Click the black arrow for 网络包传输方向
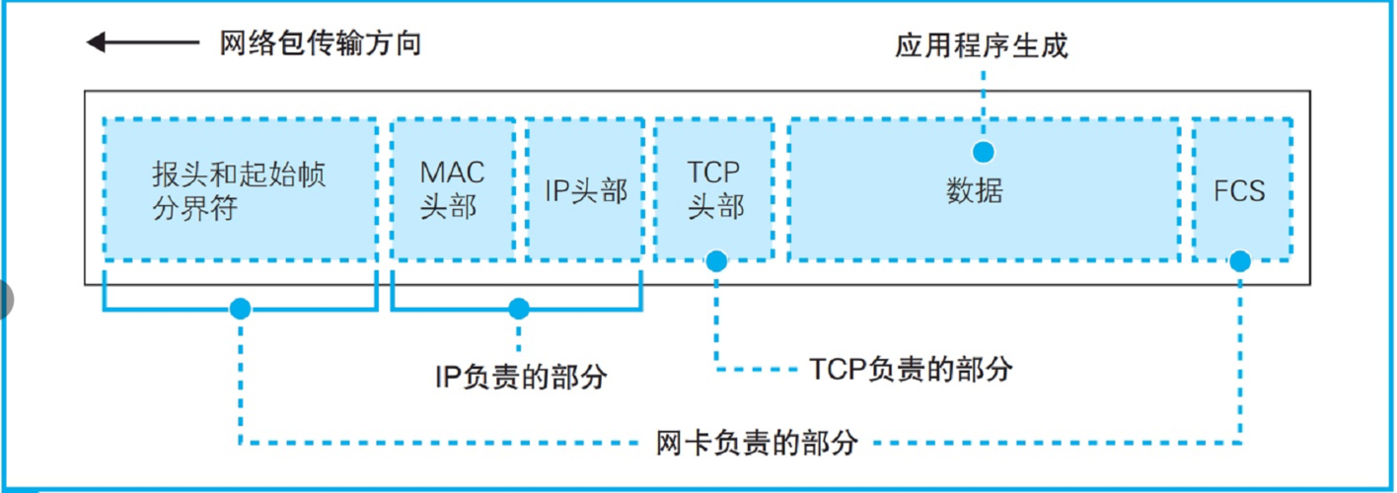(141, 42)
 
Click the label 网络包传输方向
(320, 43)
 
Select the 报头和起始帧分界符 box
(240, 189)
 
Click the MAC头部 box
(453, 189)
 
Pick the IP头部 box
(586, 189)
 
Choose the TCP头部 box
(714, 189)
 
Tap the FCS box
(1240, 189)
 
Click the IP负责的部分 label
(521, 376)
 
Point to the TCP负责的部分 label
(910, 369)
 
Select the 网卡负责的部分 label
(757, 442)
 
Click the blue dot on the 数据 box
(983, 152)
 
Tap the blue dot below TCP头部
(716, 261)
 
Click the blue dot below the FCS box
(1240, 261)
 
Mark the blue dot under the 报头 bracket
(240, 310)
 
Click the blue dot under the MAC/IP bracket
(519, 310)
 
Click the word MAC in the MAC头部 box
(453, 173)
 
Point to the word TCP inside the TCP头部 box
(713, 173)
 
